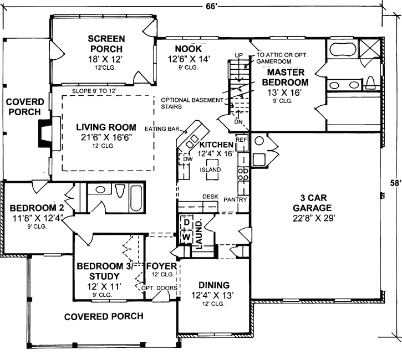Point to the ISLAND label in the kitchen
(211, 169)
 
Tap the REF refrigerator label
(241, 140)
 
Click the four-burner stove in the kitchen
(243, 175)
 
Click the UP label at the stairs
(239, 55)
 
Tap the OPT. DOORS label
(159, 288)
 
